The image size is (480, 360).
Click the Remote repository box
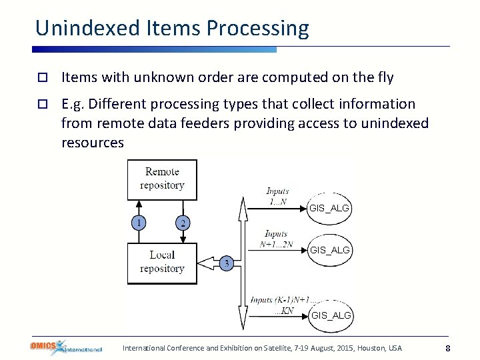coord(162,179)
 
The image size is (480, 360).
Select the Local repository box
coord(162,263)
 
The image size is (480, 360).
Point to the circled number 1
coord(139,223)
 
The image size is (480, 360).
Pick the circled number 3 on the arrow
coord(227,264)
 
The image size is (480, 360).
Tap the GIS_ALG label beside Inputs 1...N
coord(329,209)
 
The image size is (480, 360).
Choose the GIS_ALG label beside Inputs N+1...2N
coord(329,250)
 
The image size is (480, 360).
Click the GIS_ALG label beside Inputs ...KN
coord(331,315)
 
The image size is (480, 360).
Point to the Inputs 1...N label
coord(276,197)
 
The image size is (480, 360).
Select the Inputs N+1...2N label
coord(276,239)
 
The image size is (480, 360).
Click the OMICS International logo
coord(65,347)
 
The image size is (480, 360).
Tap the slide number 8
coord(448,348)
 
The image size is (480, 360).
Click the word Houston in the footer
coord(373,348)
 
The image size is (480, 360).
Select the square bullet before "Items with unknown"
coord(41,78)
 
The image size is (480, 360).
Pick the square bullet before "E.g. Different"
coord(41,105)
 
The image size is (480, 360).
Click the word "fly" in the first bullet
coord(385,77)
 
